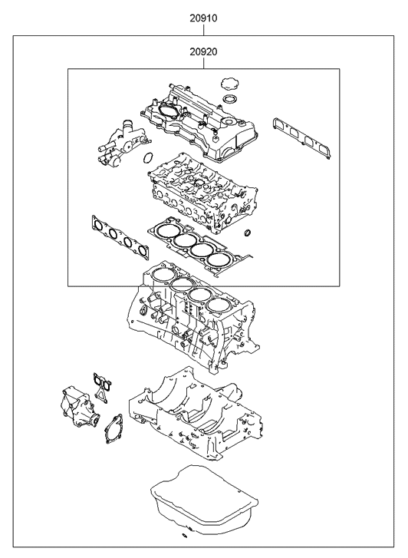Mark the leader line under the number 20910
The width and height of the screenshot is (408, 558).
click(203, 28)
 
